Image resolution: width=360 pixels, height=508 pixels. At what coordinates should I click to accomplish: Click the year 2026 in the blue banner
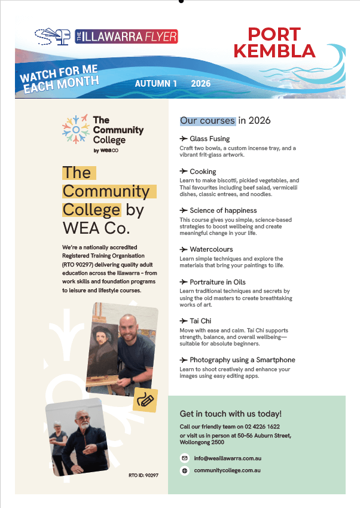tap(200, 84)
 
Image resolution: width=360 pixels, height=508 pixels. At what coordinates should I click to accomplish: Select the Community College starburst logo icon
tap(76, 128)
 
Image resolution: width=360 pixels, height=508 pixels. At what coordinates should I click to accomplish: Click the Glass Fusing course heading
tap(209, 139)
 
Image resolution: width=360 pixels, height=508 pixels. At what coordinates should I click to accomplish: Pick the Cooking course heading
tap(203, 172)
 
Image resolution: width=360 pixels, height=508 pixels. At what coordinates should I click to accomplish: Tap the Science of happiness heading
tap(223, 210)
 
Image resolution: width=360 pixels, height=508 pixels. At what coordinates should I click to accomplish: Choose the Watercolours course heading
tap(211, 249)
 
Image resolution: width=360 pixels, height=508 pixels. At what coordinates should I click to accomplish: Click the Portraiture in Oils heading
tap(218, 281)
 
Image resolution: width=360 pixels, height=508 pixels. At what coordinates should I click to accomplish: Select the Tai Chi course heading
tap(200, 321)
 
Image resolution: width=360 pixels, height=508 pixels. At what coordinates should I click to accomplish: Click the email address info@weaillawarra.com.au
tap(228, 458)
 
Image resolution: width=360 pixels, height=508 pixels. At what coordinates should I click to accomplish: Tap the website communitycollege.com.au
tap(227, 470)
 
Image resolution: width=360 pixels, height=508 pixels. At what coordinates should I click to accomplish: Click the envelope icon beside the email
tap(185, 458)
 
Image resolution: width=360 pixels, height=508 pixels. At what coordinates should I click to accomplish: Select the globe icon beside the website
tap(185, 470)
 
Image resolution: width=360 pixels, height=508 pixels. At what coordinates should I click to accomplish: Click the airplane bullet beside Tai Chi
tap(184, 321)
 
